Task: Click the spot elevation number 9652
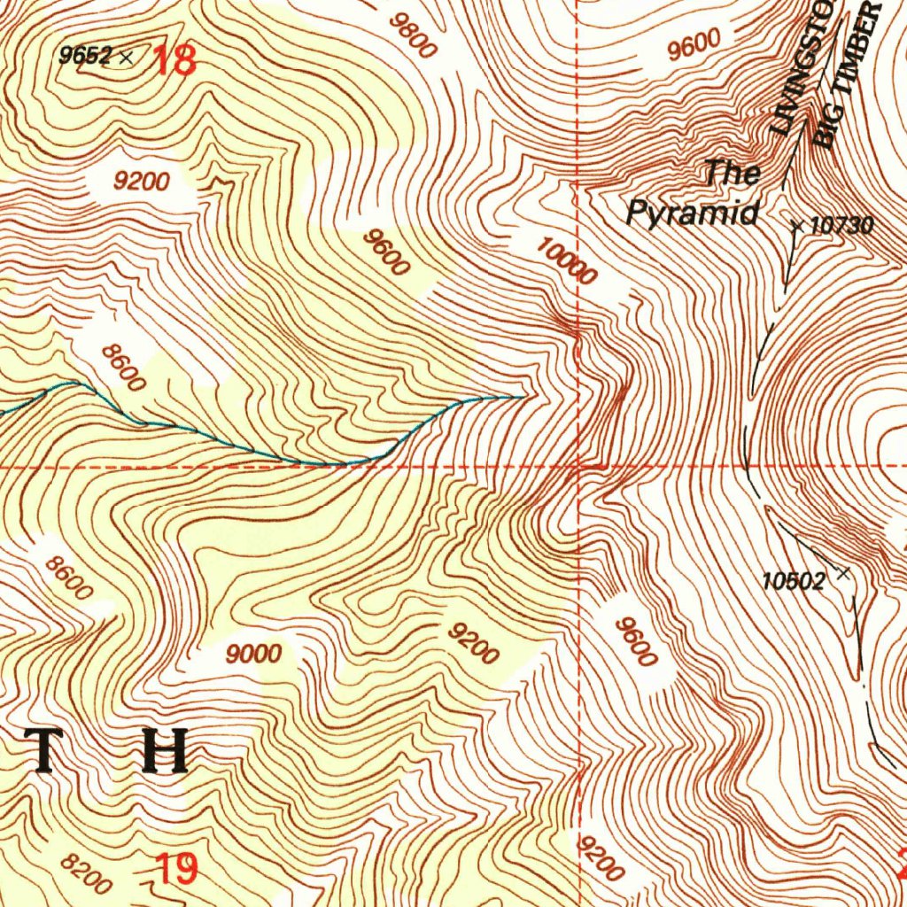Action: tap(85, 56)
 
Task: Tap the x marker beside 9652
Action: tap(126, 58)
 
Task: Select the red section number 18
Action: tap(175, 61)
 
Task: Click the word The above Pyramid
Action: tap(733, 173)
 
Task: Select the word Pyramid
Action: tap(693, 213)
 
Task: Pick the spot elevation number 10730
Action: tap(841, 226)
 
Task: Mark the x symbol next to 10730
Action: tap(796, 228)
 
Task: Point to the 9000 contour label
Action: tap(253, 655)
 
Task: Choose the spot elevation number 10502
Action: tap(794, 581)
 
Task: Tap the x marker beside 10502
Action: tap(842, 574)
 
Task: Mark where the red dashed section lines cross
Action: tap(578, 464)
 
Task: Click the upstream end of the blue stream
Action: tap(523, 396)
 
